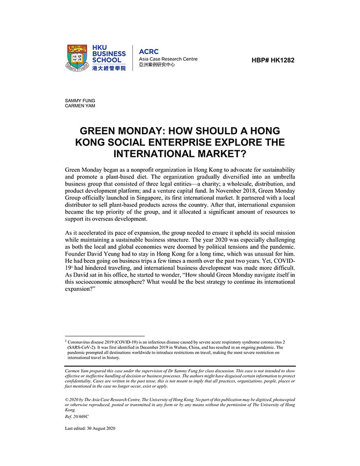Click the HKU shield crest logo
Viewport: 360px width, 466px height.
tap(77, 58)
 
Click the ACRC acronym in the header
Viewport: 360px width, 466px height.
tap(149, 51)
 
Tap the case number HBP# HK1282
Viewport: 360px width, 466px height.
tap(273, 60)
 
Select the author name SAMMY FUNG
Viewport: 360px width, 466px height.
tap(80, 100)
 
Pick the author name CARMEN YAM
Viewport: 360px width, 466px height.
tap(80, 106)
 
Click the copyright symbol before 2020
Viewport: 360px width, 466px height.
tap(67, 400)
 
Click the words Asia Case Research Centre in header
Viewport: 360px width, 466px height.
tap(168, 59)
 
